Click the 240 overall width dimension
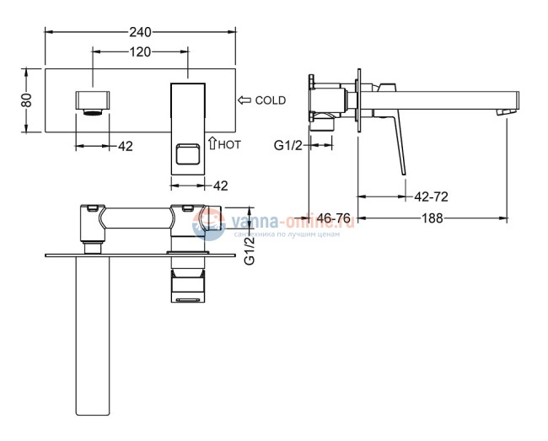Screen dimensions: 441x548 coord(139,32)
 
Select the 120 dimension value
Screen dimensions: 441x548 coord(140,52)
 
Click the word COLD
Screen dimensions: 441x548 coord(270,100)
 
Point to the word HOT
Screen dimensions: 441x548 coord(229,145)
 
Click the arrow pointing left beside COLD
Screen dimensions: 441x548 coord(245,100)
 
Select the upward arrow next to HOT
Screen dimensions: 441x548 coord(212,144)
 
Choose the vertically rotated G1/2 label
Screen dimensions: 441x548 coord(249,250)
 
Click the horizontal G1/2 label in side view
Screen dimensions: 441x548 coord(289,145)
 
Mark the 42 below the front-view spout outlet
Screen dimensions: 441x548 coord(124,146)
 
